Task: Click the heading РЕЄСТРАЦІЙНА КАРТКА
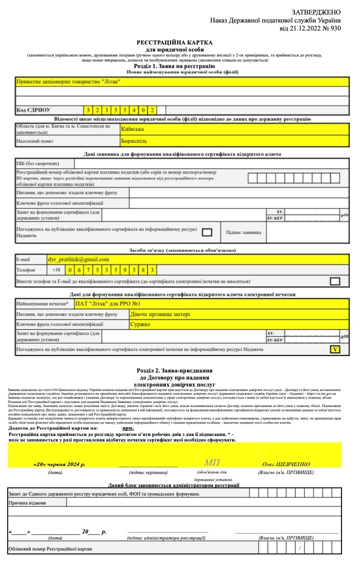(174, 43)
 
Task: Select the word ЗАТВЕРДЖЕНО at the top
(316, 12)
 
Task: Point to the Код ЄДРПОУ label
(34, 110)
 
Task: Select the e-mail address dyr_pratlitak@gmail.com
(78, 259)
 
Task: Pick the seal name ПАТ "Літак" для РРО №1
(107, 303)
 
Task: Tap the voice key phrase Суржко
(140, 324)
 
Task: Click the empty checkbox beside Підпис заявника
(206, 232)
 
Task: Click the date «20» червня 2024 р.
(59, 463)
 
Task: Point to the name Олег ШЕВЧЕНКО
(286, 463)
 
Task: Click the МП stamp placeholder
(211, 462)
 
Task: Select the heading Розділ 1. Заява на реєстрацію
(174, 66)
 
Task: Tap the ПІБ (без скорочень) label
(37, 163)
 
